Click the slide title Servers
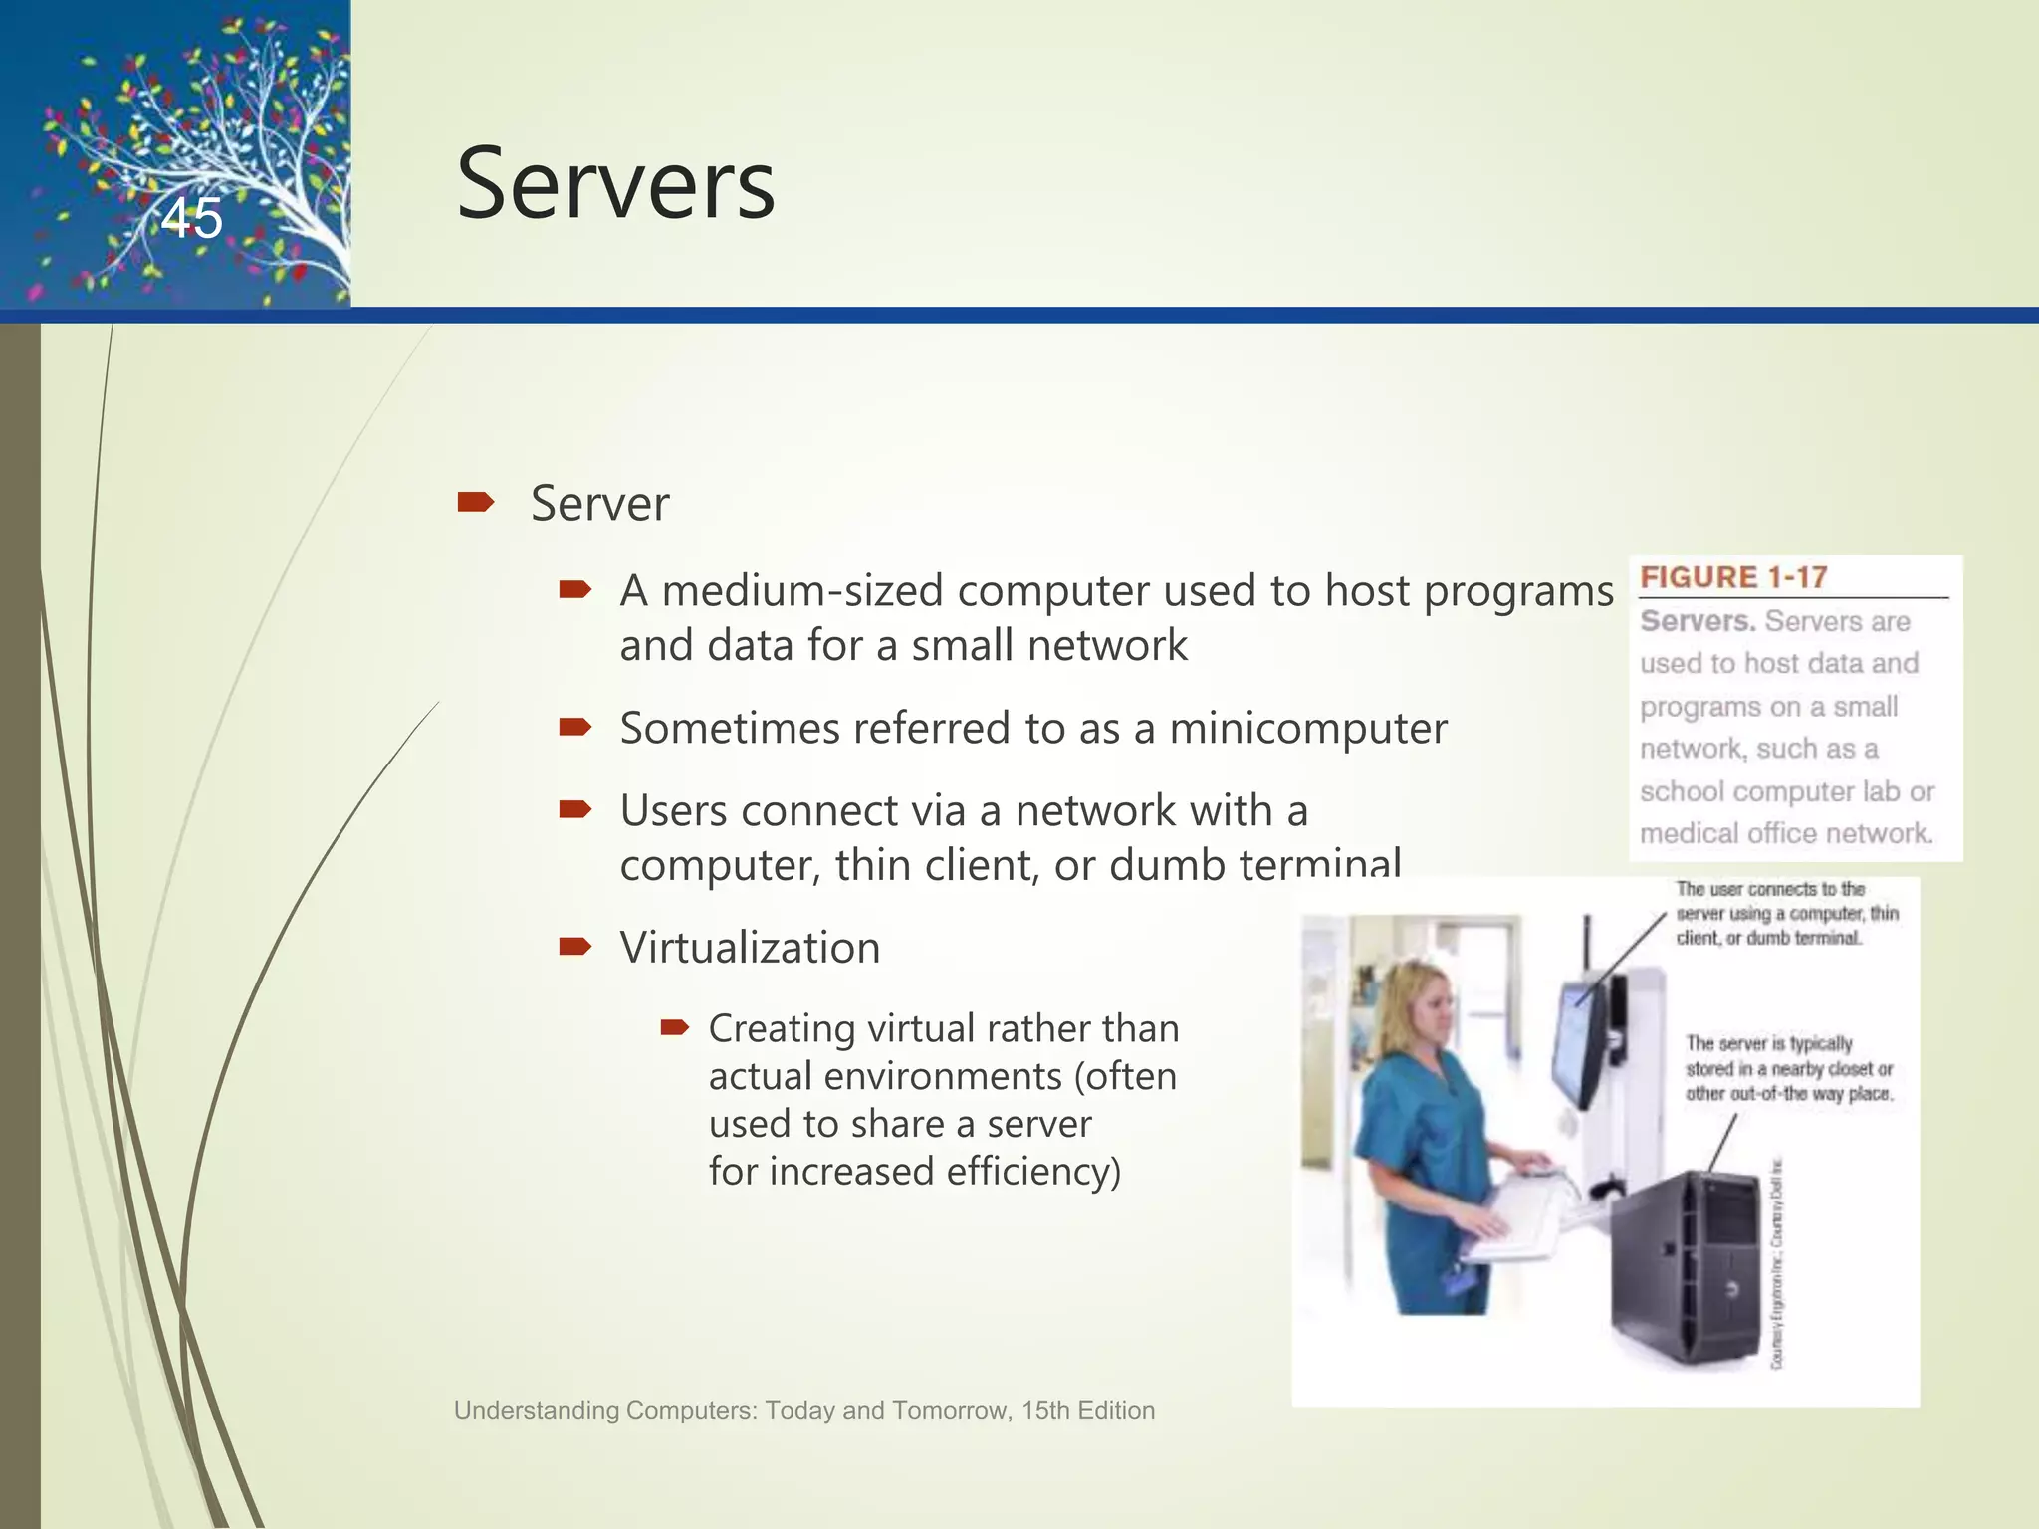tap(615, 185)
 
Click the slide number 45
tap(192, 218)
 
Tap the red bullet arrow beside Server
tap(475, 503)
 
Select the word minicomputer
tap(1307, 729)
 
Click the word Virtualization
tap(750, 948)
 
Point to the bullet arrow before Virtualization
tap(575, 946)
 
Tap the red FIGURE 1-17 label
tap(1733, 577)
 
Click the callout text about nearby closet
tap(1788, 1069)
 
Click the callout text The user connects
tap(1786, 913)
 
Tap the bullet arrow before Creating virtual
tap(674, 1027)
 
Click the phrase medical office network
tap(1786, 834)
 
